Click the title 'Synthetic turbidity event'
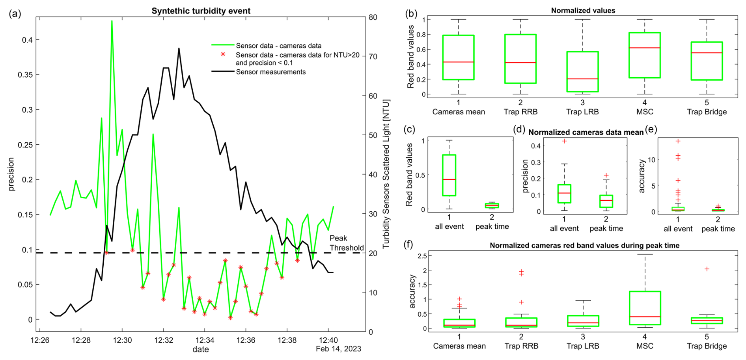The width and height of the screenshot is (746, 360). [x=201, y=11]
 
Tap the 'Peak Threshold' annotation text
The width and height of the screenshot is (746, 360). [x=346, y=243]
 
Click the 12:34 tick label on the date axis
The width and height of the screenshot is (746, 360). [x=205, y=340]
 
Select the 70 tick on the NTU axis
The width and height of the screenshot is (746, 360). [x=373, y=57]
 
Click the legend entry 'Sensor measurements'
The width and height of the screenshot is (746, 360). [x=270, y=72]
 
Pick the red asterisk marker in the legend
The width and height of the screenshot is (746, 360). [x=223, y=54]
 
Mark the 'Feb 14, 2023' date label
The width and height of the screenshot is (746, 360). [x=338, y=349]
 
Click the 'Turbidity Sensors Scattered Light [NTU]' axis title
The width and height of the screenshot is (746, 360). [x=386, y=174]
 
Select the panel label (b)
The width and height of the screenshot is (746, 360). [x=411, y=14]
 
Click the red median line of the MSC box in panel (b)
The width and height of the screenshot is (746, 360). [x=644, y=48]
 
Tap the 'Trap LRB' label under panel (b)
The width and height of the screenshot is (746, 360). [x=582, y=112]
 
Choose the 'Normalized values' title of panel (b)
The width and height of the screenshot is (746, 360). [x=583, y=11]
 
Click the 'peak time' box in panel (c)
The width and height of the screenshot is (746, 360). [x=492, y=205]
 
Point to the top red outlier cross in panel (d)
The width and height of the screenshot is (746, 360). [x=564, y=141]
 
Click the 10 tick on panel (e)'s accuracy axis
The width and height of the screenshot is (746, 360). [x=651, y=160]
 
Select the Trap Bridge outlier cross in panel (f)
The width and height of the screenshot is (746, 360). [x=707, y=269]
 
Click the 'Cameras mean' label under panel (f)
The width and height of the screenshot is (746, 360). [x=459, y=346]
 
